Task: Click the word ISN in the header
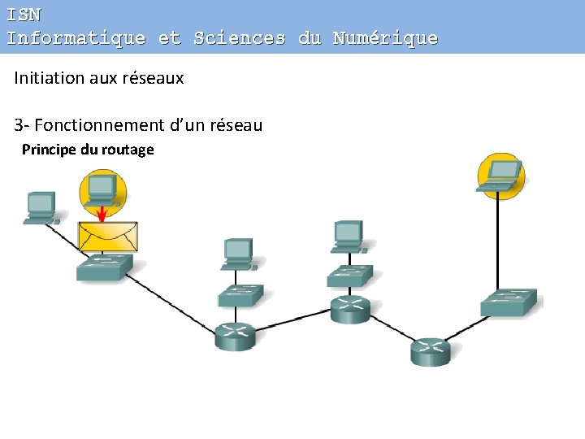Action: coord(24,15)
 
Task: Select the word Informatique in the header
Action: coord(76,38)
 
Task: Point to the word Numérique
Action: coord(385,38)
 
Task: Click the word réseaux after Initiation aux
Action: coord(156,78)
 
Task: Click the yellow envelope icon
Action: coord(107,236)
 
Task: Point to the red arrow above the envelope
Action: coord(102,213)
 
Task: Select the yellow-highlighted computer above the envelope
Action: coord(102,191)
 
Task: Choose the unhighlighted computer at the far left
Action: coord(40,207)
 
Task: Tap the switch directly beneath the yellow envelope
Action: coord(104,267)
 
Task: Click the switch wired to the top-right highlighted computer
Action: coord(509,302)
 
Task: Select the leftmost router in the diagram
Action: coord(235,335)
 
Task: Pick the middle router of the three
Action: coord(350,309)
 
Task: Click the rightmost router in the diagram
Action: coord(430,351)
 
